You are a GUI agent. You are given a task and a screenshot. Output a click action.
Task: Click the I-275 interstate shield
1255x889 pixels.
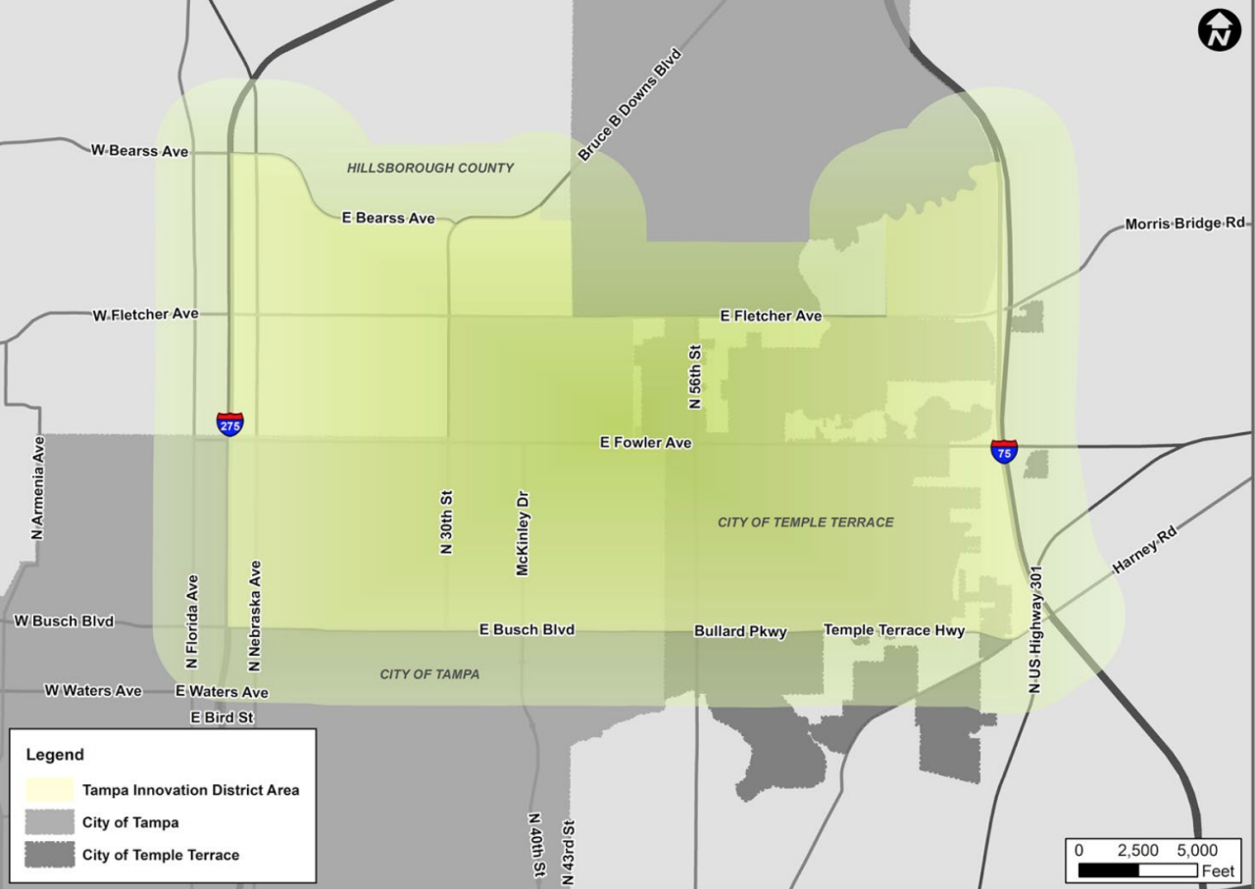tap(230, 423)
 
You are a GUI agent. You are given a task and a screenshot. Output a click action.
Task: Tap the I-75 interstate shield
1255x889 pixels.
tap(1004, 451)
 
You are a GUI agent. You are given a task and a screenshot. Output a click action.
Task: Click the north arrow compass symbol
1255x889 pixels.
tap(1219, 30)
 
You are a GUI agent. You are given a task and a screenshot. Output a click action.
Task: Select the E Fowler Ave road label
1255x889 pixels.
tap(645, 443)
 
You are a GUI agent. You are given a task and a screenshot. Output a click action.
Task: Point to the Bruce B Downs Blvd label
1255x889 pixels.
tap(628, 105)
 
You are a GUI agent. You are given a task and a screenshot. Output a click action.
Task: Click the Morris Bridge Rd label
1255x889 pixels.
tap(1184, 223)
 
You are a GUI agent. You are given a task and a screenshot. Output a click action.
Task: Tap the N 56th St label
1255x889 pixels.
tap(695, 375)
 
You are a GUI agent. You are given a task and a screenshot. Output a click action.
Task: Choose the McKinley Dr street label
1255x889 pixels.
tap(523, 533)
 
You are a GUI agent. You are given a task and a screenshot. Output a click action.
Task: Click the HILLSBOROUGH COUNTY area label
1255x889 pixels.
tap(429, 168)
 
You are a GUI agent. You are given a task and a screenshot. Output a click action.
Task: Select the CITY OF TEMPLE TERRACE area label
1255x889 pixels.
tap(805, 522)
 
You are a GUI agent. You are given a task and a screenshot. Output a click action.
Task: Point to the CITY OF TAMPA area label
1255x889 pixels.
tap(429, 674)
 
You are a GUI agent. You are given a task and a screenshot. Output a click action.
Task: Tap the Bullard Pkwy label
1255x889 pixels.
tap(740, 632)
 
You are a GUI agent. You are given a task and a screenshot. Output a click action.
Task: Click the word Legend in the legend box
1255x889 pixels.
tap(55, 755)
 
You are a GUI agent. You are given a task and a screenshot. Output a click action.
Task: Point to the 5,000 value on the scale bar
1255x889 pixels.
tap(1196, 850)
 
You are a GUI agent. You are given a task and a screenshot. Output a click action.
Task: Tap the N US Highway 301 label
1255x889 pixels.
tap(1034, 630)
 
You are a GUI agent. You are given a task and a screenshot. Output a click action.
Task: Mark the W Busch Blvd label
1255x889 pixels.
tap(64, 621)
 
